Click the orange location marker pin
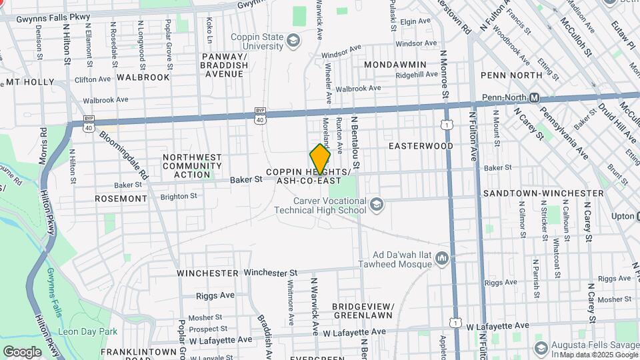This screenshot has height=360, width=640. tap(320, 159)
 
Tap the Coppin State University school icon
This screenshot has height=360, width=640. tap(293, 41)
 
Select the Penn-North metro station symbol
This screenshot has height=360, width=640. tap(534, 98)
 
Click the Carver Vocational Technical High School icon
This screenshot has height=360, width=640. tap(377, 204)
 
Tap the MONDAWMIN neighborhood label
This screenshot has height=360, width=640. tap(395, 65)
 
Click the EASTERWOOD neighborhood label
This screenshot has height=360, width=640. tap(421, 146)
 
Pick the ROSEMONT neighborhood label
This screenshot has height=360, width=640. tap(121, 199)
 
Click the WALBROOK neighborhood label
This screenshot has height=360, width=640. tap(143, 77)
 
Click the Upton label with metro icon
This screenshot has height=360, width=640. tap(623, 217)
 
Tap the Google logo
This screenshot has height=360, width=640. tap(22, 352)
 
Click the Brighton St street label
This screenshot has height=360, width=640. tap(179, 197)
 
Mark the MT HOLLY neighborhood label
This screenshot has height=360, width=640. tap(29, 83)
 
